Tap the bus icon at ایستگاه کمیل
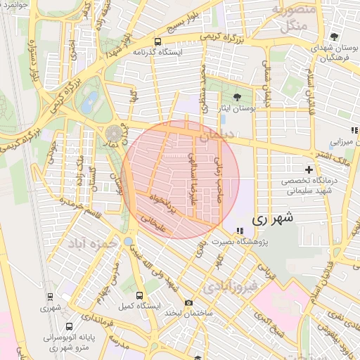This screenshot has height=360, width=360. (139, 296)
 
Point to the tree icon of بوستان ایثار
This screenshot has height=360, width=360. (236, 98)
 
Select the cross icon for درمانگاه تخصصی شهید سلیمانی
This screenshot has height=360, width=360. (308, 169)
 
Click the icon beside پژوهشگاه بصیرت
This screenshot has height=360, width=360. (240, 230)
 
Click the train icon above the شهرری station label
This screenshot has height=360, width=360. (50, 296)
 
